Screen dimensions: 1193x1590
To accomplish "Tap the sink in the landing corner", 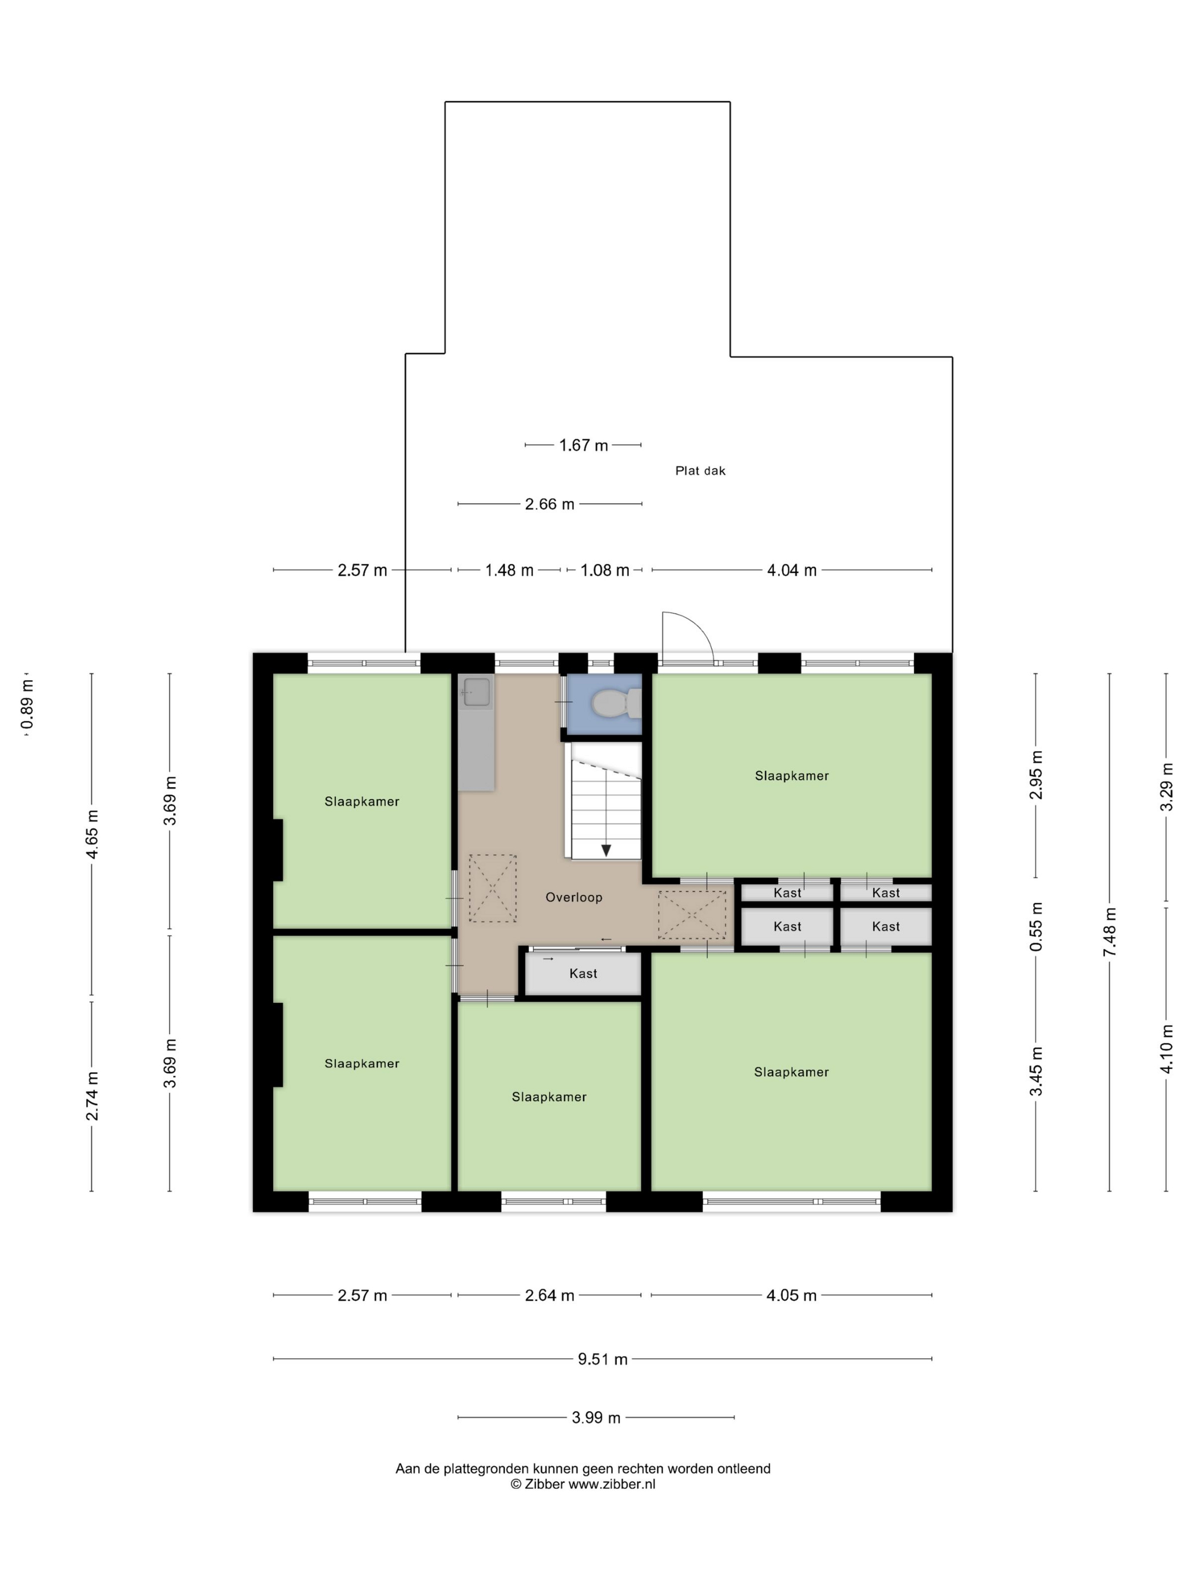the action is [475, 692].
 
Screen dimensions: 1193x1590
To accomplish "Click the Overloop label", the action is [573, 897].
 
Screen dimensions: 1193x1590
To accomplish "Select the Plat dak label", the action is [700, 471].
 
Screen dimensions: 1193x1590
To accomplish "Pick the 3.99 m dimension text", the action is [595, 1417].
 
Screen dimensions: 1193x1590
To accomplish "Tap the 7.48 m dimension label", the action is [1109, 932].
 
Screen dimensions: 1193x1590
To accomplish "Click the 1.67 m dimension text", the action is [583, 446].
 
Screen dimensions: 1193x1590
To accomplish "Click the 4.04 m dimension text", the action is [791, 571].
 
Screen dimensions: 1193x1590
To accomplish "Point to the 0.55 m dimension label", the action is [1036, 927].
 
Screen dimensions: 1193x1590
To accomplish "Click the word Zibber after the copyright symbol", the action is [544, 1484].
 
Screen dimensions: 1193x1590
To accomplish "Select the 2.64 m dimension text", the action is [549, 1295].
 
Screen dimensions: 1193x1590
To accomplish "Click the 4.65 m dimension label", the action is [92, 834].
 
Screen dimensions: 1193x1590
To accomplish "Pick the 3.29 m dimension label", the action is [1166, 786].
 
